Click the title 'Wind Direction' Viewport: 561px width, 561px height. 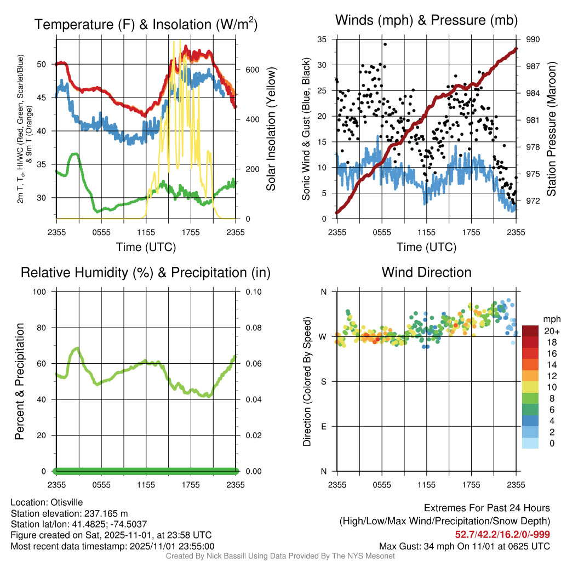(x=426, y=272)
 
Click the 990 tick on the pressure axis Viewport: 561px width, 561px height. (x=533, y=39)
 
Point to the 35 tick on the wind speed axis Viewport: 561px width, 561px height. (x=322, y=39)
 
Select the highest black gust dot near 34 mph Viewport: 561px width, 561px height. (x=385, y=44)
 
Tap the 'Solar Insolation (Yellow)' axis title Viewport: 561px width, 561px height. (x=271, y=129)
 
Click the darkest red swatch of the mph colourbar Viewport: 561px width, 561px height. (x=531, y=331)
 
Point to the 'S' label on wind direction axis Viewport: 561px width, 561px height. (x=323, y=381)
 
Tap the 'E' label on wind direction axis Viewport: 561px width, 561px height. (x=323, y=426)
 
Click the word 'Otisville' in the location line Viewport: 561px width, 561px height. (x=70, y=502)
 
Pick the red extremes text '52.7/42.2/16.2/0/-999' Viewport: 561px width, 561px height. (x=502, y=534)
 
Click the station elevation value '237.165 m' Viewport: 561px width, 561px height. (x=105, y=513)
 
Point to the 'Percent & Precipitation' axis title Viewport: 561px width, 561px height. (x=20, y=381)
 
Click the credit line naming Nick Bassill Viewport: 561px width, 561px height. (x=280, y=556)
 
